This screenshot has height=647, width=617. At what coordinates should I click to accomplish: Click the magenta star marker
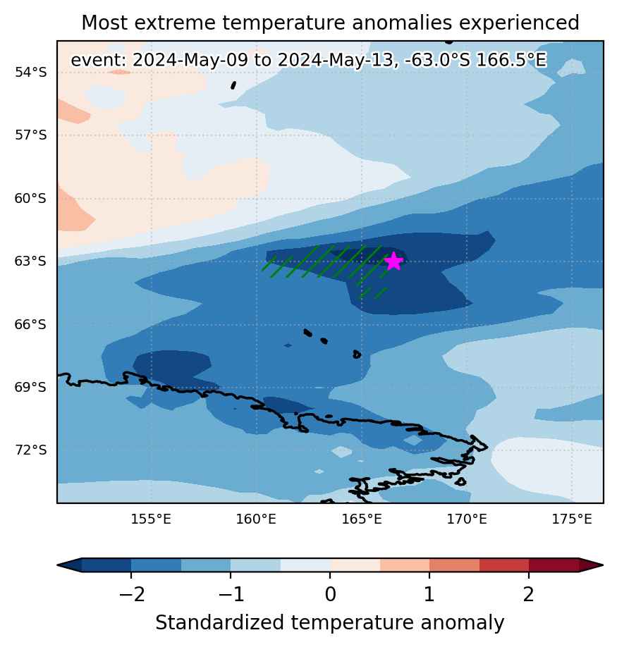(393, 261)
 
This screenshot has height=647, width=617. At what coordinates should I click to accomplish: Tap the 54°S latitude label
(31, 72)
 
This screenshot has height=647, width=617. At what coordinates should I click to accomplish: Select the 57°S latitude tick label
(31, 135)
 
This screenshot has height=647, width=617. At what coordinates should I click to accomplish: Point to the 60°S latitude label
(31, 199)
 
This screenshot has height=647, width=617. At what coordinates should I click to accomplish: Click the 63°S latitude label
(31, 261)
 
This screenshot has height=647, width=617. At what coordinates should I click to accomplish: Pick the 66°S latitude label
(31, 324)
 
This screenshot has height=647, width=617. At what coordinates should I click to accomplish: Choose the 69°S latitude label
(31, 388)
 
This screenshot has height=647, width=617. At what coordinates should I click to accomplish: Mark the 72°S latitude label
(31, 450)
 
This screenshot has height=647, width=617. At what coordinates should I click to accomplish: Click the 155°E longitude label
(151, 519)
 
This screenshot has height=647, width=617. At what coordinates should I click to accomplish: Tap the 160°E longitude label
(256, 519)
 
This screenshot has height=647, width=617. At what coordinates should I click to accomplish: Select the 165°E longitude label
(362, 519)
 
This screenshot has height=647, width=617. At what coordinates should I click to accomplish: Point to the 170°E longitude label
(467, 519)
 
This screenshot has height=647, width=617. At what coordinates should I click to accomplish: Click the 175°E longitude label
(572, 519)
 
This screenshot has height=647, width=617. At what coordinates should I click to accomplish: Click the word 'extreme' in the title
(175, 23)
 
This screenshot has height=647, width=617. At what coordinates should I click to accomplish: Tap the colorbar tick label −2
(132, 595)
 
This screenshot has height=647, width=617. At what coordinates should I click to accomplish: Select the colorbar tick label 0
(330, 595)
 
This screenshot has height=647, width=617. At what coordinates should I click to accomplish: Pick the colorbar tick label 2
(529, 595)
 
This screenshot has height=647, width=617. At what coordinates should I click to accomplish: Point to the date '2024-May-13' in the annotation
(336, 60)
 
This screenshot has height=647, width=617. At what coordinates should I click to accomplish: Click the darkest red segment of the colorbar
(554, 565)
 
